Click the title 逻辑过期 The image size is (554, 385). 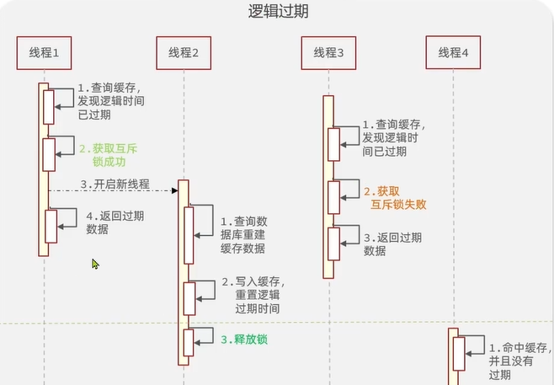point(277,12)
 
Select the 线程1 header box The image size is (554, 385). point(44,52)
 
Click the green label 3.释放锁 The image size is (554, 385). point(250,340)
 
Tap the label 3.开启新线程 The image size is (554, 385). point(115,184)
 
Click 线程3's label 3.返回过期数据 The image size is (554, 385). point(392,244)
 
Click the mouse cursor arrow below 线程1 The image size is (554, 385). point(96,265)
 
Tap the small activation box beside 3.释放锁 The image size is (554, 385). point(189,342)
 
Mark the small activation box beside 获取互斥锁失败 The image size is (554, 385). point(334,197)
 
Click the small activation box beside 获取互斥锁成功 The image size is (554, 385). point(49,154)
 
